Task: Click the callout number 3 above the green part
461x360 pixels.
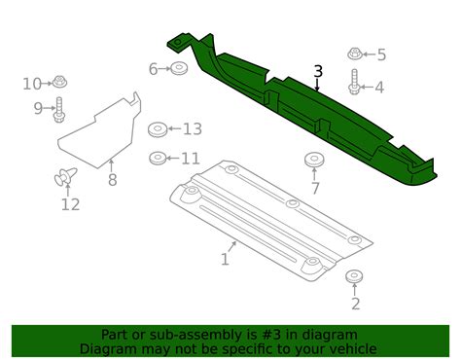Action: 318,71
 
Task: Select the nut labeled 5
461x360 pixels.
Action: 355,54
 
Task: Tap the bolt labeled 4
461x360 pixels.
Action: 354,82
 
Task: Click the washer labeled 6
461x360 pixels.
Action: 180,68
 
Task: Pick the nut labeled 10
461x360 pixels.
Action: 59,82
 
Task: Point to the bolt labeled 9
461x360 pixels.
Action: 59,110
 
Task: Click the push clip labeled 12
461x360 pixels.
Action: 65,176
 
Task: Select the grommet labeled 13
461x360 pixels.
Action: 158,129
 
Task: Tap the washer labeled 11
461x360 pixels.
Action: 158,158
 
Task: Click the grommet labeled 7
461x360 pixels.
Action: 314,160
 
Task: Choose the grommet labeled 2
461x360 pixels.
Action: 354,276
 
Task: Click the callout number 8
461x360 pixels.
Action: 112,180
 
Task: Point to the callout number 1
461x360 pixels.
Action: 225,259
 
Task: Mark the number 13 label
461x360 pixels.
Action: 193,129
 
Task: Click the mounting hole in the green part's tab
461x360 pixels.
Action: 178,43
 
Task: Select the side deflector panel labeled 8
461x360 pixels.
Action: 100,130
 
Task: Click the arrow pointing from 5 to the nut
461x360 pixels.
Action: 369,54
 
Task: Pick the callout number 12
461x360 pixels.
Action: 70,204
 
